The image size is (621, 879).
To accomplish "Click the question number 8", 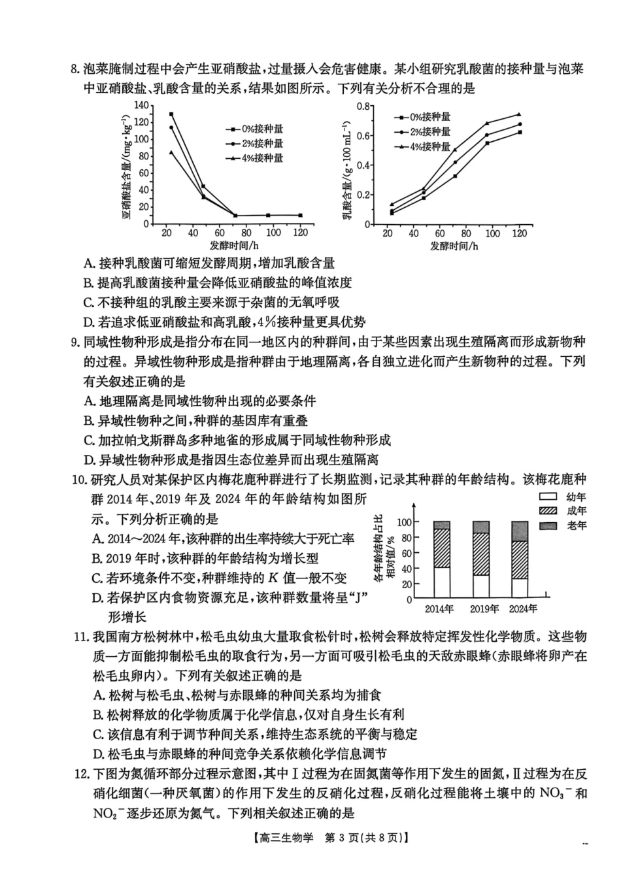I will [75, 69].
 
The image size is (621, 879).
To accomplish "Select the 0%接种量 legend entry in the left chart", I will [254, 129].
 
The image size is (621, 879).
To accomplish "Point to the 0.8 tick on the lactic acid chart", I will [363, 107].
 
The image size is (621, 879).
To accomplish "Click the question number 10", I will [79, 480].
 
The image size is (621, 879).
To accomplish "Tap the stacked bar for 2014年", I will [442, 559].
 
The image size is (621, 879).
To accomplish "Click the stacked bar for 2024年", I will [520, 559].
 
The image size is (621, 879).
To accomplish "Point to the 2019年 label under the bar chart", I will [485, 609].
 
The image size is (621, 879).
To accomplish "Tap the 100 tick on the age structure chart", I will [405, 522].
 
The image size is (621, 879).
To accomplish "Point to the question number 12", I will [81, 774].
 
